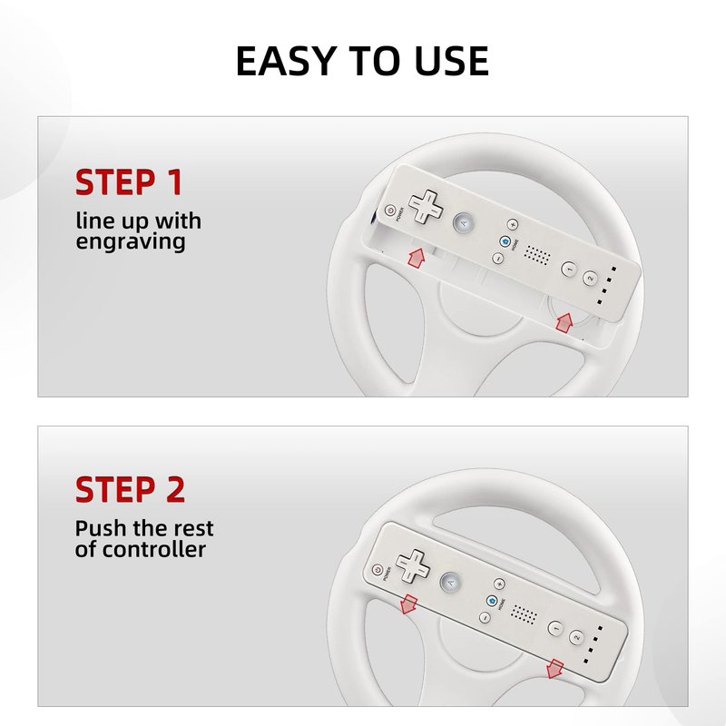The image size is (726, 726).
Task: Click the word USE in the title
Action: point(451,61)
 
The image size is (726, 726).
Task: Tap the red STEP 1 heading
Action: point(129,182)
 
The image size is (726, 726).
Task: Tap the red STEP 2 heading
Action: point(130,490)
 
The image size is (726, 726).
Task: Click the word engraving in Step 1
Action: point(131,242)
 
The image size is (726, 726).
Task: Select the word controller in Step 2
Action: point(153,550)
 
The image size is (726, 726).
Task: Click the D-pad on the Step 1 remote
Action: point(426,206)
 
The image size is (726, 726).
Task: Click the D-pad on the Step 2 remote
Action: point(413,565)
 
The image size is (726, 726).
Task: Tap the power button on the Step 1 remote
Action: point(390,211)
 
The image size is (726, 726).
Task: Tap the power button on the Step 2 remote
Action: point(378,571)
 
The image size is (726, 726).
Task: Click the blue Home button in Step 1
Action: point(505,241)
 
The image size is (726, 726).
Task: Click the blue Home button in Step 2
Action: point(492,601)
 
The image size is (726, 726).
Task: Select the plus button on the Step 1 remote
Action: point(512,224)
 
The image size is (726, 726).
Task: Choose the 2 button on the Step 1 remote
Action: point(590,278)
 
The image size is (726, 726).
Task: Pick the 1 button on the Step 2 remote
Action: point(555,628)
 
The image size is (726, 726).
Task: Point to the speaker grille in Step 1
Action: point(537,255)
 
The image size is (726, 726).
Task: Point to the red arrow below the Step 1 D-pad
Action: point(417,258)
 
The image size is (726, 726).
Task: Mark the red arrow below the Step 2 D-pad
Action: point(407,604)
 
